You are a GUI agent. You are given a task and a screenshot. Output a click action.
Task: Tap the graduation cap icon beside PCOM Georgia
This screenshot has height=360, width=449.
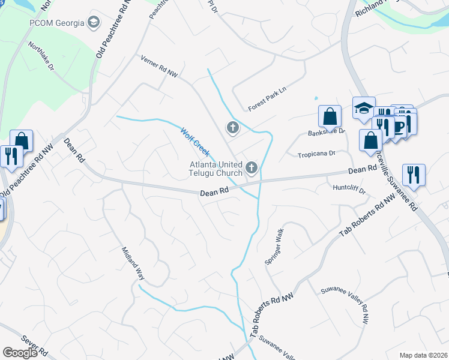(94, 23)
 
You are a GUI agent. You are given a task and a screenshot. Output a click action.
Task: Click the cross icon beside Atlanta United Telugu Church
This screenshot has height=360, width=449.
(252, 168)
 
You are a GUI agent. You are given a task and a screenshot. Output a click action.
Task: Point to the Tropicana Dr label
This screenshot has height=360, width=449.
(316, 154)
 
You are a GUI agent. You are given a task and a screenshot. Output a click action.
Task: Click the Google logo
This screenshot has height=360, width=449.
(20, 353)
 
